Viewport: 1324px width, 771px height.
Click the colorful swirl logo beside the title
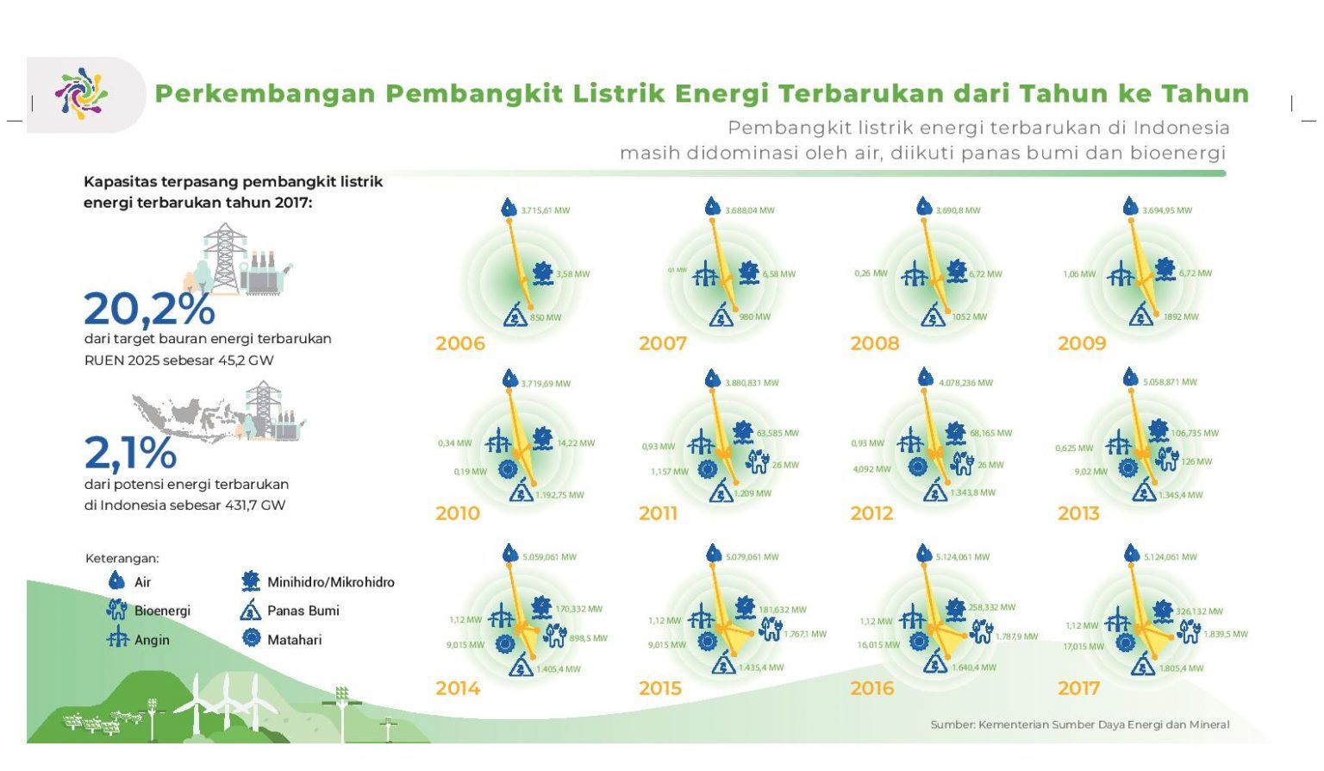[x=81, y=93]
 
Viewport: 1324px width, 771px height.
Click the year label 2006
[x=460, y=343]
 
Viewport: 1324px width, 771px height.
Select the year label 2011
[x=658, y=514]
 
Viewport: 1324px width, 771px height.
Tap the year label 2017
[x=1078, y=688]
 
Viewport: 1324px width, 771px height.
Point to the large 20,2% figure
[x=149, y=309]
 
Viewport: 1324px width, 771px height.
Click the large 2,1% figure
[x=130, y=452]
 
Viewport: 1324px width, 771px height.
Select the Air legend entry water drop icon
[x=116, y=581]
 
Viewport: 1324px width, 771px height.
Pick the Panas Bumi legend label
[x=303, y=611]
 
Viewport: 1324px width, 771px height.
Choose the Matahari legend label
[x=294, y=640]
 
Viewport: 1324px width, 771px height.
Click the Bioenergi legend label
[x=162, y=611]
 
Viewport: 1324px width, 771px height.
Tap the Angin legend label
[x=152, y=640]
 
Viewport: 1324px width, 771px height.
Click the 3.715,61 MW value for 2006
[x=545, y=210]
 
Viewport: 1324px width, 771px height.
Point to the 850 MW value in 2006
[x=545, y=317]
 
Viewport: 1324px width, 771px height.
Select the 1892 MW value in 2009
[x=1180, y=317]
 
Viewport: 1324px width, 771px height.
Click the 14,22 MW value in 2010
[x=575, y=443]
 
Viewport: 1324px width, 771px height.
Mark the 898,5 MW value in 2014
[x=587, y=638]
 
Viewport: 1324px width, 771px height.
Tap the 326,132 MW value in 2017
[x=1199, y=611]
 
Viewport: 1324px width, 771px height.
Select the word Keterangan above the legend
[x=122, y=559]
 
